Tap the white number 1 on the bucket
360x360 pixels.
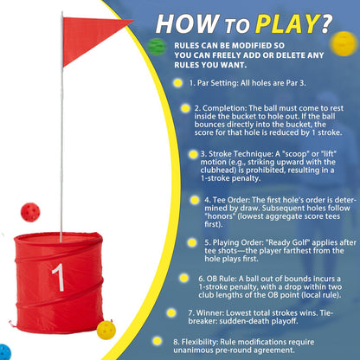pos(56,278)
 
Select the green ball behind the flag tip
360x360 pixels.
pos(156,44)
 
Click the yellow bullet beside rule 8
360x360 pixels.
pos(157,340)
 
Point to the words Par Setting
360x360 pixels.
pos(222,82)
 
